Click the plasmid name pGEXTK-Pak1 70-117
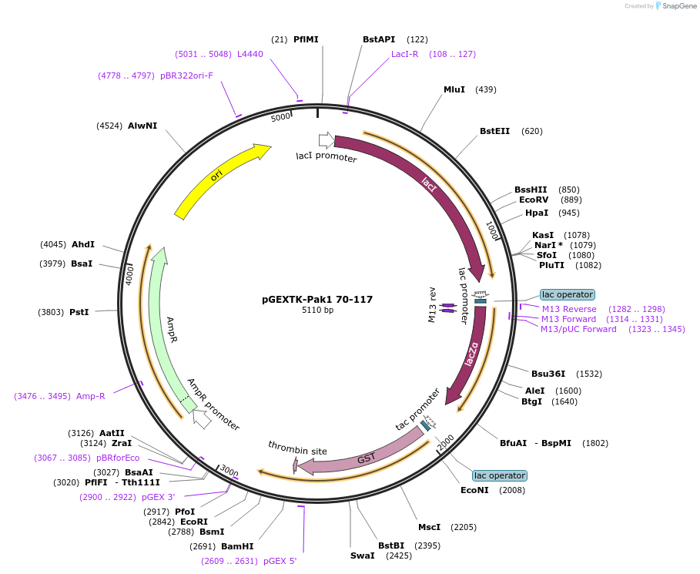pos(317,299)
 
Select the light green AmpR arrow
pos(169,324)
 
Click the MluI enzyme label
pos(454,89)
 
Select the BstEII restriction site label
pos(494,131)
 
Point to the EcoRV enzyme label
pos(533,200)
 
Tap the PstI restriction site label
pos(79,312)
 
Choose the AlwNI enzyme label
pos(142,125)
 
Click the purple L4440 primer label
pos(250,54)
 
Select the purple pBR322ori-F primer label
pos(186,76)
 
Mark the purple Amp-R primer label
pos(90,396)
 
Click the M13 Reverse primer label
pos(569,309)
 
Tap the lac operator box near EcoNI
pos(500,475)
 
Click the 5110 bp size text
pos(317,310)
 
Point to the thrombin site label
pos(297,448)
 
